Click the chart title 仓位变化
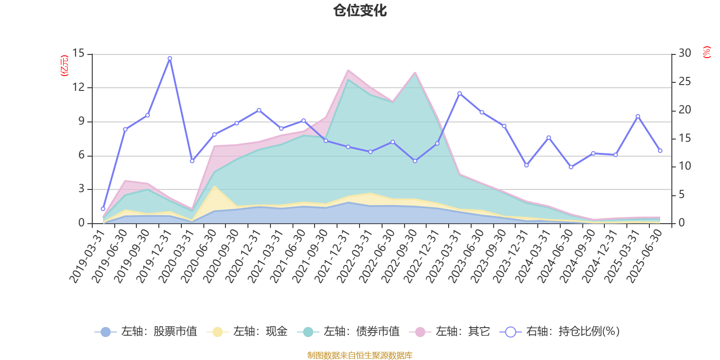point(360,10)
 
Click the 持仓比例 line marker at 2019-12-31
point(170,58)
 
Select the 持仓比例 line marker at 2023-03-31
point(459,94)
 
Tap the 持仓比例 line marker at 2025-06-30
point(660,151)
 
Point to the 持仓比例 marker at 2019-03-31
point(103,209)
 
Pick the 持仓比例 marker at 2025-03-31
point(638,117)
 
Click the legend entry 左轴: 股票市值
point(146,332)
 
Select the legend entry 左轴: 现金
point(247,332)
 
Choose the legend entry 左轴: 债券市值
point(348,332)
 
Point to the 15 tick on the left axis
point(79,54)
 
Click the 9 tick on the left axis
point(81,121)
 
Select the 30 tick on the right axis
point(685,54)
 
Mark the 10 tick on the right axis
point(685,166)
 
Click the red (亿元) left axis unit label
point(64,66)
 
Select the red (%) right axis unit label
point(707,52)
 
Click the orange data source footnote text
point(360,355)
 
